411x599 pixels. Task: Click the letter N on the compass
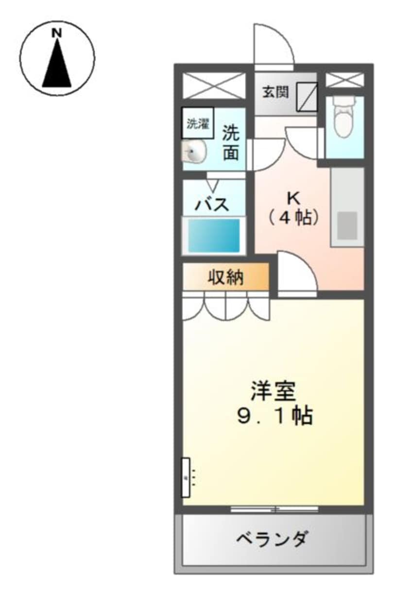tap(57, 34)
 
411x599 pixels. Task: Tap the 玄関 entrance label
tap(276, 92)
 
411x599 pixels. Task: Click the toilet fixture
tap(344, 118)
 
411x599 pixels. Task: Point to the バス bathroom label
tap(212, 204)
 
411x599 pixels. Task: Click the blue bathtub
tap(214, 235)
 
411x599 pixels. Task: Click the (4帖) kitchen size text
tap(294, 218)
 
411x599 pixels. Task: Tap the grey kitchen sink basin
tap(347, 225)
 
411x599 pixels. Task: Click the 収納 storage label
tap(226, 278)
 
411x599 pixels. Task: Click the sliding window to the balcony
tap(274, 509)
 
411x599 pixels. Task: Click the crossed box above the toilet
tap(344, 80)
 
